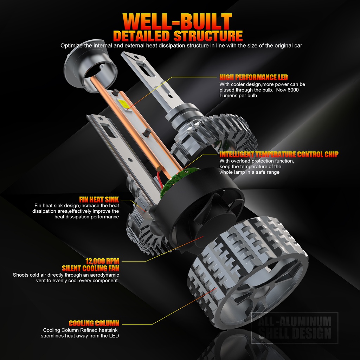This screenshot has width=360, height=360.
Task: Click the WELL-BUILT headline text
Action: coord(177,21)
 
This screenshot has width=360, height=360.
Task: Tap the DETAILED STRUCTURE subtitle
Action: coord(178,36)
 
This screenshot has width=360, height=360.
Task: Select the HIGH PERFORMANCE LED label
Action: coord(253,77)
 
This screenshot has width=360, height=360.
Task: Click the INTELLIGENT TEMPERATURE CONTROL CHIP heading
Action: coord(279,154)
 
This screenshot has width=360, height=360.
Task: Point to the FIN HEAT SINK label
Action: coord(99,199)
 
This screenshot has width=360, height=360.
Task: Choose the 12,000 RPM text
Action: coord(102,261)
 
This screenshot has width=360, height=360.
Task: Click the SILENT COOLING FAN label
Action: coord(90,268)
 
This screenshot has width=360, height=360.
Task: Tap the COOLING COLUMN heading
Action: coord(94,323)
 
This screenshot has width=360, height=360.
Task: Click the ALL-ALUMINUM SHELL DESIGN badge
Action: coord(295,328)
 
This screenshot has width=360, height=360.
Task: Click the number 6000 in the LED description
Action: coord(293,90)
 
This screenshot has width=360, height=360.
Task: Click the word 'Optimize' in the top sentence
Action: coord(71,46)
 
